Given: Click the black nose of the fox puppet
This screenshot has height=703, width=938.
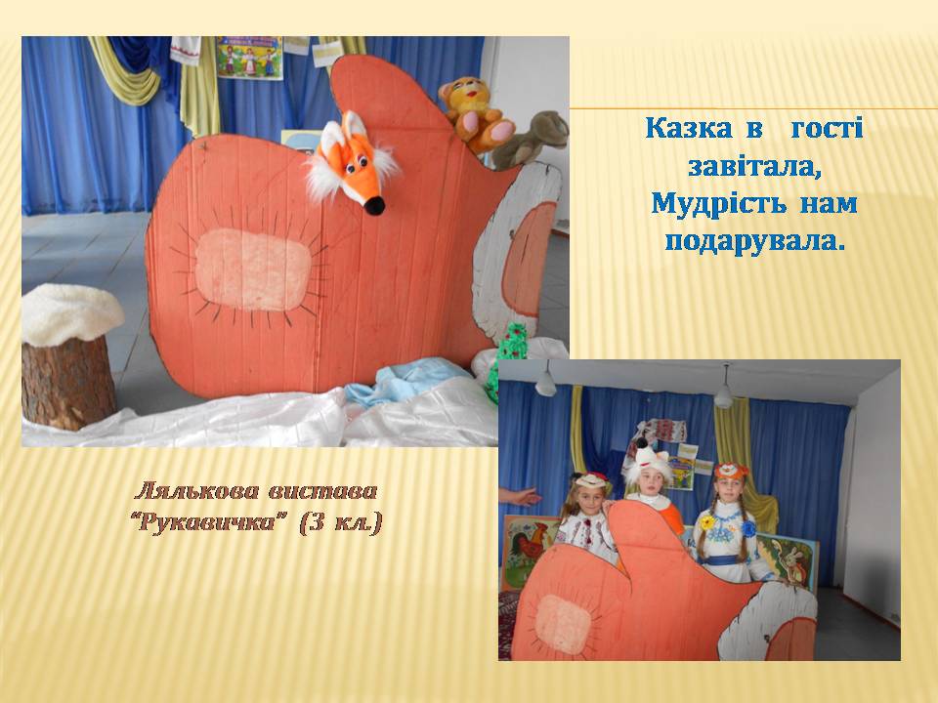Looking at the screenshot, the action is pyautogui.click(x=374, y=206).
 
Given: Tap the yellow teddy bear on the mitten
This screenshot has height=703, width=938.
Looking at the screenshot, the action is pyautogui.click(x=476, y=113).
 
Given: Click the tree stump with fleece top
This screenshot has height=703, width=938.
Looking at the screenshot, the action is pyautogui.click(x=70, y=357).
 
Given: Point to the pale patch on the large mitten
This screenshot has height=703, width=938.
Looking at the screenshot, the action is pyautogui.click(x=253, y=269).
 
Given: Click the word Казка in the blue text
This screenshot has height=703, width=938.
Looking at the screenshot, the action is pyautogui.click(x=689, y=129).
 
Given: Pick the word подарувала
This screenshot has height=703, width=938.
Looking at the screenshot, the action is pyautogui.click(x=755, y=241).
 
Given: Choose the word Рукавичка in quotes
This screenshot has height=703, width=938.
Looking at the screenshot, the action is pyautogui.click(x=209, y=523).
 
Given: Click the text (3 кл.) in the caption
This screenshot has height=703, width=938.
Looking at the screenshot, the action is pyautogui.click(x=340, y=523).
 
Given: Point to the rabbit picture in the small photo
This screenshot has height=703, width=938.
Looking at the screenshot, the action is pyautogui.click(x=789, y=560).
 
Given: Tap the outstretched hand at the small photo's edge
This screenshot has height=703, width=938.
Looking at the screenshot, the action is pyautogui.click(x=519, y=496).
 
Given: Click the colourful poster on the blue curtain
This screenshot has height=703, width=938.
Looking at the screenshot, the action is pyautogui.click(x=249, y=58).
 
